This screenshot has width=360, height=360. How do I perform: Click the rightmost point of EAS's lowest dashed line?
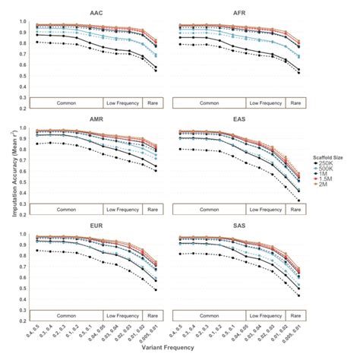click(x=299, y=201)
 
